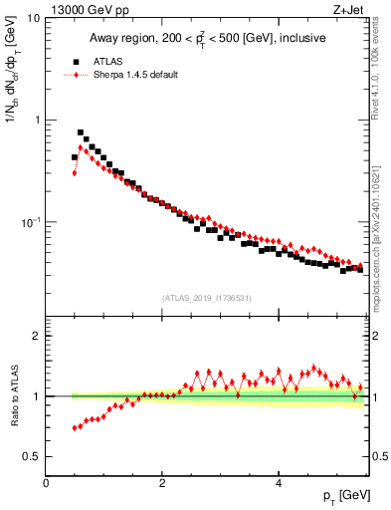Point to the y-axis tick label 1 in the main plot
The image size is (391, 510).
37,121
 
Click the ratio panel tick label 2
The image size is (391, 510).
37,336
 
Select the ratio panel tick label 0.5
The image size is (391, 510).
32,456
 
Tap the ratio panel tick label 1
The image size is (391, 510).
37,396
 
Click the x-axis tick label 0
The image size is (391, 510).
46,483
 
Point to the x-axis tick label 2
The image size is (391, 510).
162,483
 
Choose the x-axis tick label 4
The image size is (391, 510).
279,483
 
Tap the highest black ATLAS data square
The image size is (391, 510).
81,132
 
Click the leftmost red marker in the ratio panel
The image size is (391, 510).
75,428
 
